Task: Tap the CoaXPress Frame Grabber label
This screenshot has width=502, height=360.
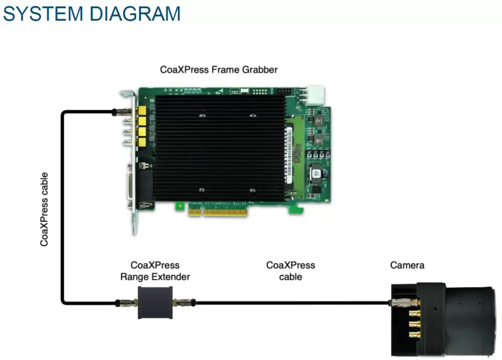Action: tap(219, 70)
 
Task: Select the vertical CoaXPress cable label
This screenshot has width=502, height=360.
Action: tap(45, 209)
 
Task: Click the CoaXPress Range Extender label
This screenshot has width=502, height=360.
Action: tap(155, 271)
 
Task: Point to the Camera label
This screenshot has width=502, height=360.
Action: tap(407, 265)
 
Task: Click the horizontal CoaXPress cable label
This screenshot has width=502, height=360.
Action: tap(290, 271)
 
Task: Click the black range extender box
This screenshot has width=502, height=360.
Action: tap(155, 303)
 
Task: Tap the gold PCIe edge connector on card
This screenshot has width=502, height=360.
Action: tap(219, 212)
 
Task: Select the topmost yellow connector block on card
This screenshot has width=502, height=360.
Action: tap(142, 111)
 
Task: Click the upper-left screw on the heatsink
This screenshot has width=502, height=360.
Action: tap(201, 116)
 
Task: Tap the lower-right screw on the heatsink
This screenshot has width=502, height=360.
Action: tap(252, 190)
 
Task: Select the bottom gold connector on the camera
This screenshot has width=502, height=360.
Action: tap(414, 335)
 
